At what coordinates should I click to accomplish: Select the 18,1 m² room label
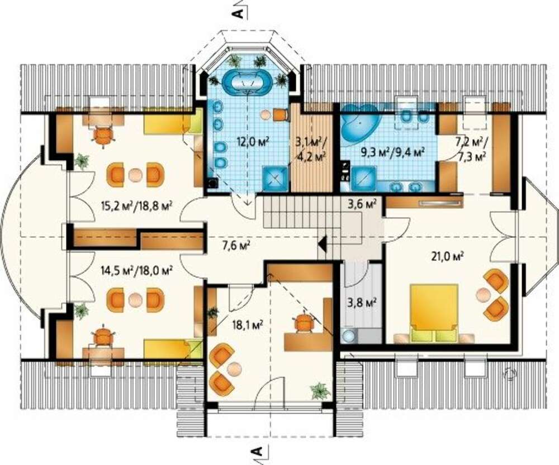[247, 324]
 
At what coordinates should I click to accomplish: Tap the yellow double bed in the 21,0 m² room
[434, 312]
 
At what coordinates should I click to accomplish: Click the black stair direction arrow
[323, 245]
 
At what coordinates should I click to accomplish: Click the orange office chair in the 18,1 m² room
[304, 322]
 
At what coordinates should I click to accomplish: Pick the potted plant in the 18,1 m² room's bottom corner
[320, 391]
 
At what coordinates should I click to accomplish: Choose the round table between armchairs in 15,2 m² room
[135, 174]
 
